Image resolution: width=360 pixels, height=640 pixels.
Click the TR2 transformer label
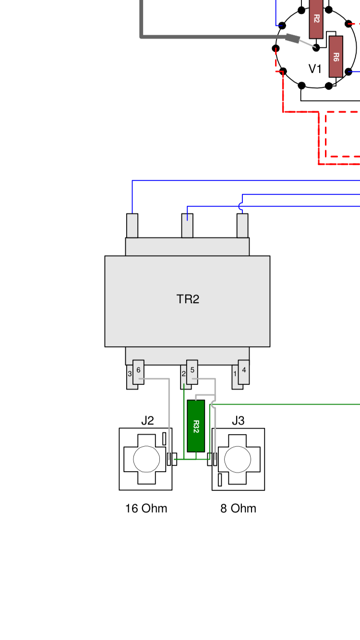coord(188,299)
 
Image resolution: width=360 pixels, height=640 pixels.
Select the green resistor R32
coord(196,426)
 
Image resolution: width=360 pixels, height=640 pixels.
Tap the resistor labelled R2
coord(316,19)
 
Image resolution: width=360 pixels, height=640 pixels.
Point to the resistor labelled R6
coord(336,56)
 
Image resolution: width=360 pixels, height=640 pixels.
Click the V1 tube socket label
coord(315,69)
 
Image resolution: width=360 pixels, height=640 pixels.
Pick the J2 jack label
coord(147,421)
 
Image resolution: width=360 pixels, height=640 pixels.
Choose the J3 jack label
coord(238,421)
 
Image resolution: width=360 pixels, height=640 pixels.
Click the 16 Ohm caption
coord(146,509)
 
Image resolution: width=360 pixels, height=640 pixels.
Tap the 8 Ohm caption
coord(238,509)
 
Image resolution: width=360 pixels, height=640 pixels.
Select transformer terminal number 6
coord(138,371)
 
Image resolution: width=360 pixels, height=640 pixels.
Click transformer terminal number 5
coord(192,371)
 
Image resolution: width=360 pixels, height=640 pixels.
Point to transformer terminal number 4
coord(244,371)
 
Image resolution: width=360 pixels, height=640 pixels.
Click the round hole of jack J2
coord(146,459)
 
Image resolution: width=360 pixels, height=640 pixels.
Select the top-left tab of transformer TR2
coord(132,225)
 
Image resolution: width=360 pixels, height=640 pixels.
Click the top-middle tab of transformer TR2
coord(187,225)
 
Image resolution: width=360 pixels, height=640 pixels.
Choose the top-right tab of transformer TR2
coord(242,225)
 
